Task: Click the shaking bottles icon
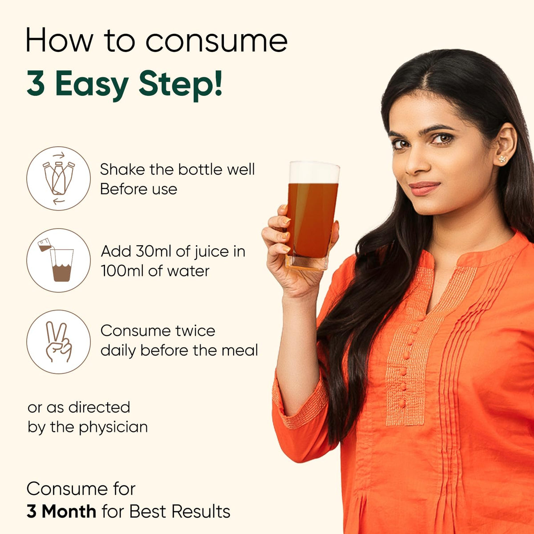(x=58, y=178)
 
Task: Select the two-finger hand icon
(x=58, y=342)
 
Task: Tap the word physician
(x=113, y=428)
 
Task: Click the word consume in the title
(x=216, y=41)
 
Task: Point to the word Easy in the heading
(x=92, y=84)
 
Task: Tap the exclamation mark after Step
(x=218, y=82)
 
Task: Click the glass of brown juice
(x=312, y=215)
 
